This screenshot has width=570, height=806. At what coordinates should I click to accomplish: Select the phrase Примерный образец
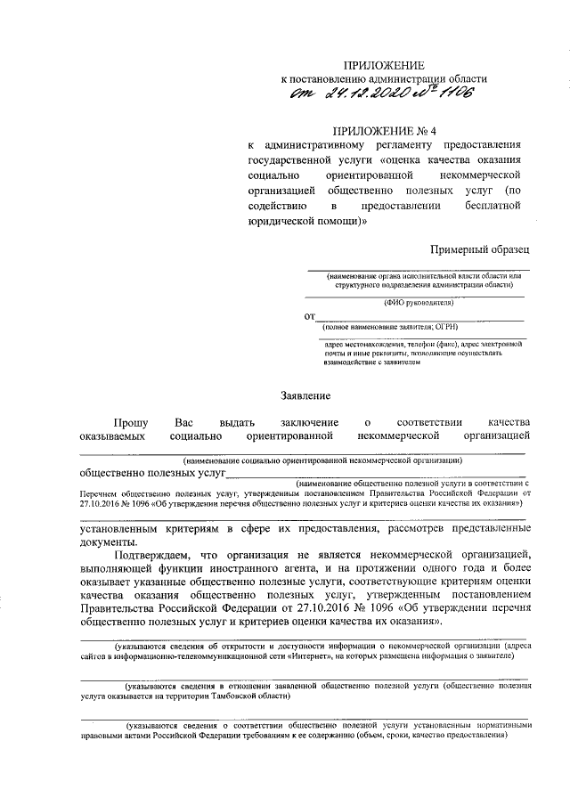[480, 252]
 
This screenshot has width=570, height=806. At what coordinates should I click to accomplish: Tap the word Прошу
[132, 420]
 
